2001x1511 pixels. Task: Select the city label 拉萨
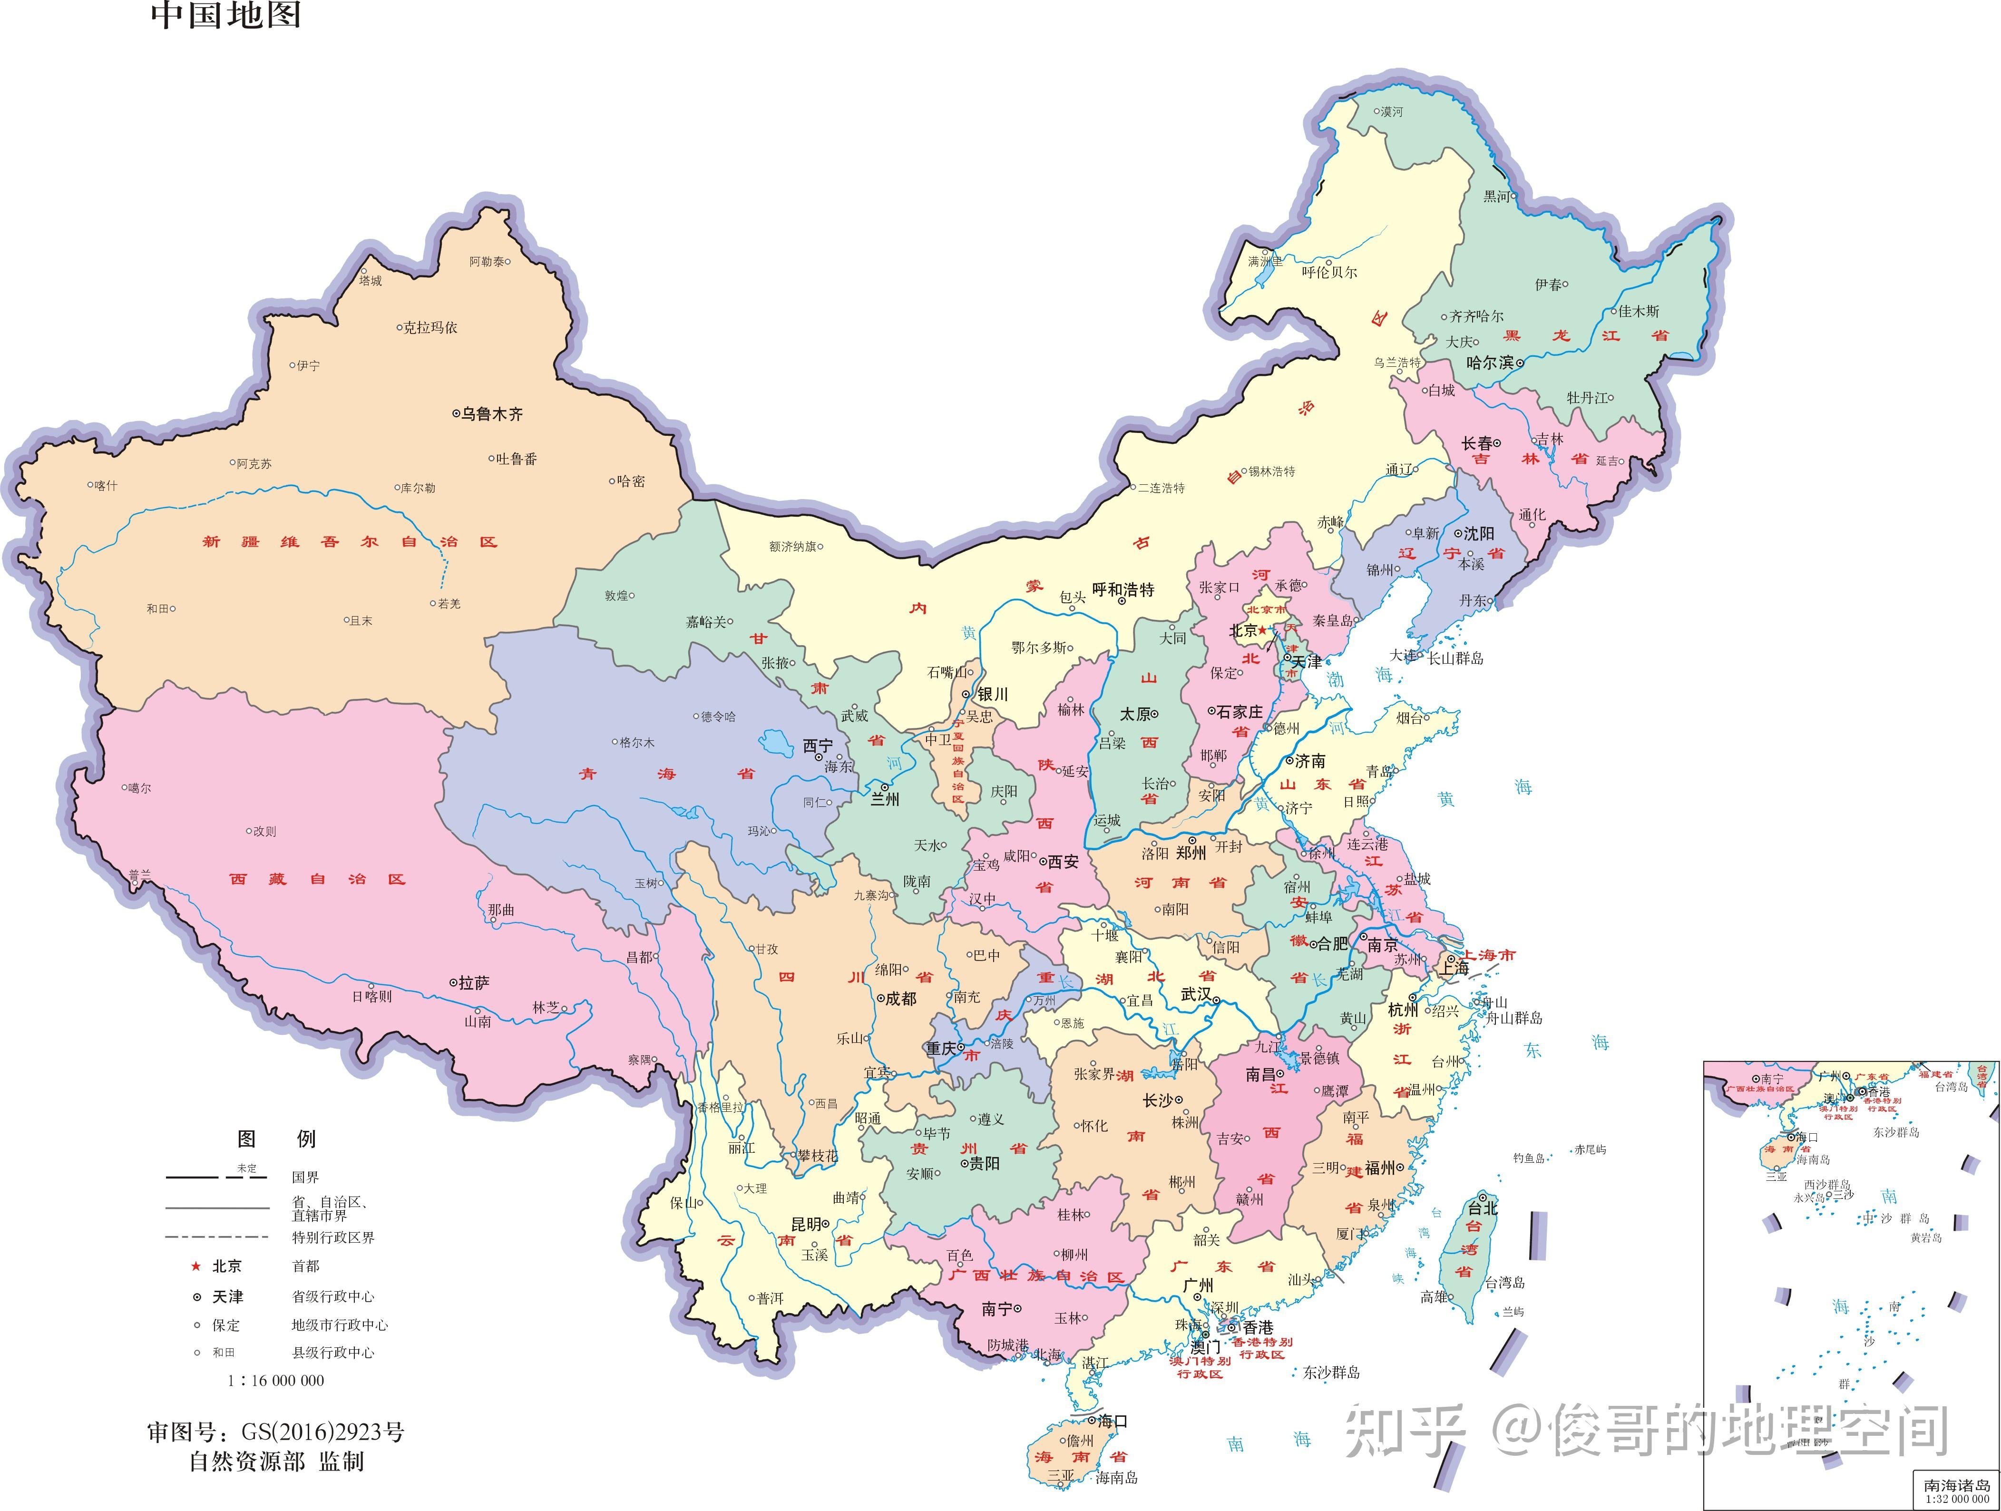(473, 982)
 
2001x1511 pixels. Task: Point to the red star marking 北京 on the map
(1263, 630)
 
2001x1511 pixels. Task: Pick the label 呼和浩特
(1123, 590)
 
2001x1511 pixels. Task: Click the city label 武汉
(1196, 994)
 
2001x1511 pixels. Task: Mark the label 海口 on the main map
(1113, 1422)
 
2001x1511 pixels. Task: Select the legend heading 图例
(276, 1138)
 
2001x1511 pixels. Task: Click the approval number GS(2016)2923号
(323, 1433)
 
